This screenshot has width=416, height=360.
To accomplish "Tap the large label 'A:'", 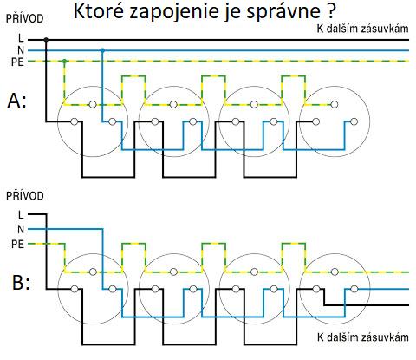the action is tap(16, 101).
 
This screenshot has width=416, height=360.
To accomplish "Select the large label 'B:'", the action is tap(21, 282).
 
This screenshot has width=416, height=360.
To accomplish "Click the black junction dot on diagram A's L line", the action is tap(46, 39).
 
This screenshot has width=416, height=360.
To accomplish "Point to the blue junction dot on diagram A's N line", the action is tap(102, 50).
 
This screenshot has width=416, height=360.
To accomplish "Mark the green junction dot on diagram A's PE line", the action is tap(65, 61).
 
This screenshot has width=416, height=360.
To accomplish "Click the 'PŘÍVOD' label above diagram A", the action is tap(25, 18).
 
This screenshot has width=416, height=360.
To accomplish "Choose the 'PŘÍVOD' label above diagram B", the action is tap(25, 196).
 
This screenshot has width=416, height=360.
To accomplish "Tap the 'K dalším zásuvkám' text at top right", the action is tap(363, 29).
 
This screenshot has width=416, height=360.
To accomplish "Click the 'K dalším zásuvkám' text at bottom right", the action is tap(363, 337).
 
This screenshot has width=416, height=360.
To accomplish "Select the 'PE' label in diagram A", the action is tap(17, 62).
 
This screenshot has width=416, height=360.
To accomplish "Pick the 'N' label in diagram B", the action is tap(21, 230).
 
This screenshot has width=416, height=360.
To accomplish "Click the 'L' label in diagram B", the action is tap(21, 215).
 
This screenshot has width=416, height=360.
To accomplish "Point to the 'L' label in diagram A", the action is tap(21, 38).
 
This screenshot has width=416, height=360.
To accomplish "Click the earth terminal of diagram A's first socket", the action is tap(93, 104).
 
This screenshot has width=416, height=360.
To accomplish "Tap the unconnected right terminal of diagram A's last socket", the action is tap(354, 121).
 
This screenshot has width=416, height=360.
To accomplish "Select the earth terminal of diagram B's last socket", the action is tap(335, 272).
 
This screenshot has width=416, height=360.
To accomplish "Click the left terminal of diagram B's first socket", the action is tap(75, 289).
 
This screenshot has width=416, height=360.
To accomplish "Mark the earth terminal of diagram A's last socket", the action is tap(335, 104).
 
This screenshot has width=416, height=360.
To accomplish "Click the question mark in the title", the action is tap(331, 11).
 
